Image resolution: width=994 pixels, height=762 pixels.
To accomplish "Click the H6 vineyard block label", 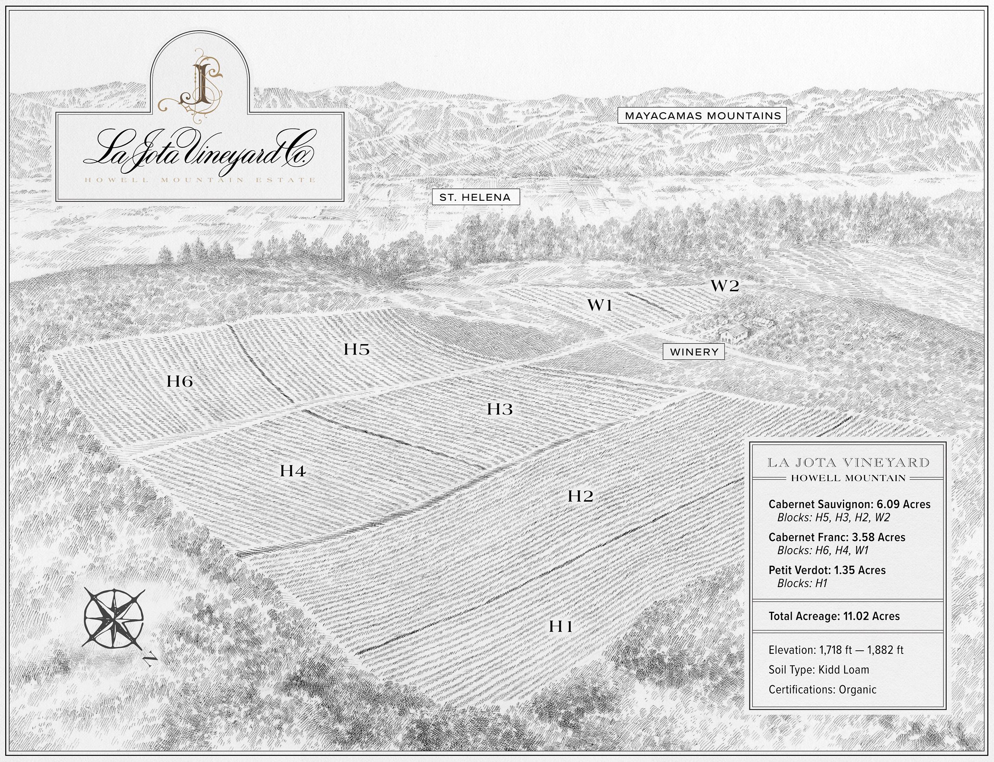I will click(x=180, y=382).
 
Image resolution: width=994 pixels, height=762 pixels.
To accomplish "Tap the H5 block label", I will click(x=357, y=349).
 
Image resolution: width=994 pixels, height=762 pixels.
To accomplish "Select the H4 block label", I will click(x=293, y=471).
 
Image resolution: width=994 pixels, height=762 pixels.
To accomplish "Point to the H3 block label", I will click(x=500, y=409).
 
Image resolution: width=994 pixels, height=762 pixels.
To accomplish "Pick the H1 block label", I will click(x=561, y=626).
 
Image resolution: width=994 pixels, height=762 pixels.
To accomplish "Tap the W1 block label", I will click(x=600, y=305).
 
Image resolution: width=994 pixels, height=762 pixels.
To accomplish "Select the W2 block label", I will click(x=725, y=286).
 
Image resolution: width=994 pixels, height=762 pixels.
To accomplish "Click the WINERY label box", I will click(x=694, y=352).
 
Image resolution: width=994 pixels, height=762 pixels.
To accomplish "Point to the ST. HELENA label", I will click(x=475, y=197).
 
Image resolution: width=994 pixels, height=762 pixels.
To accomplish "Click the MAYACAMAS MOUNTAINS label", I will click(x=702, y=116).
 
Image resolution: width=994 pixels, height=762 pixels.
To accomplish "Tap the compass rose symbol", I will click(x=113, y=618).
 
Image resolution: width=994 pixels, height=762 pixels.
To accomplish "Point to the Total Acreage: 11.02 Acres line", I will click(x=834, y=616).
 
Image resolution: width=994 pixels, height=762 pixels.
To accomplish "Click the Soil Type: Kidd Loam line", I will click(x=818, y=669).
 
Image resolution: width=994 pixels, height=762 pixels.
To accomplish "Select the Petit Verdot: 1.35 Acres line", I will click(x=827, y=570).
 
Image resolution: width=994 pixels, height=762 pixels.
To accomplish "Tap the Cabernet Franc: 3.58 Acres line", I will click(x=837, y=537).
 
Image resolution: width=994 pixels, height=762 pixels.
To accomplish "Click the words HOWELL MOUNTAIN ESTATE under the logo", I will click(x=200, y=180).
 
